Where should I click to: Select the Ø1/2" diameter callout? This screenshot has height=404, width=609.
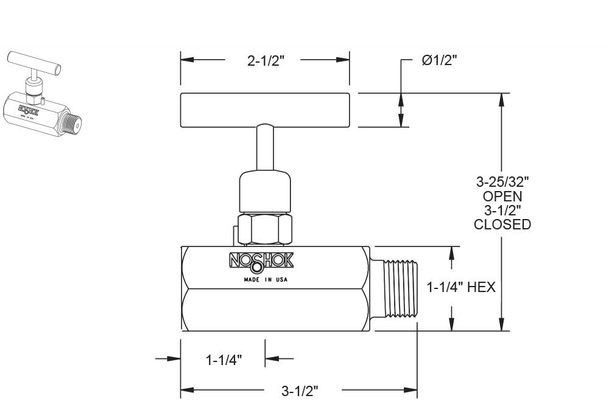(439, 60)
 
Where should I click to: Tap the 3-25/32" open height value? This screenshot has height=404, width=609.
(502, 181)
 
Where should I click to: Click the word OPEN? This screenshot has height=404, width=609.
(502, 196)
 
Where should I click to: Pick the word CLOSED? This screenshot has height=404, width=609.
(502, 225)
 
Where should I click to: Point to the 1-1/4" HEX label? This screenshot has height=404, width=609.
(461, 287)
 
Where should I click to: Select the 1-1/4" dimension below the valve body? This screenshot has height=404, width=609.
(224, 360)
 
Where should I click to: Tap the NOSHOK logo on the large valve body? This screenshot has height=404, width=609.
(261, 261)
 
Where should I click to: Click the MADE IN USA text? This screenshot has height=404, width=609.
(266, 280)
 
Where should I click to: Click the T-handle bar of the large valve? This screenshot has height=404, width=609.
(265, 110)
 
